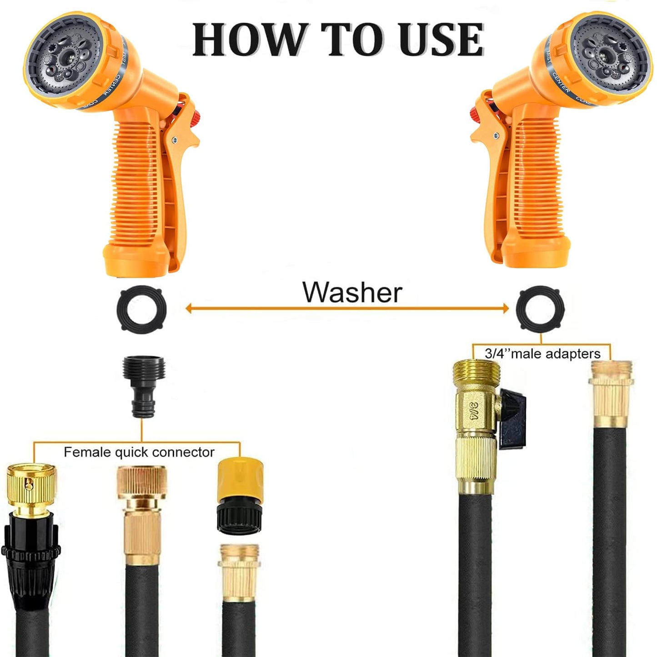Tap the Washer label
352,292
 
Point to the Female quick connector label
139,452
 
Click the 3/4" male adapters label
542,354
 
